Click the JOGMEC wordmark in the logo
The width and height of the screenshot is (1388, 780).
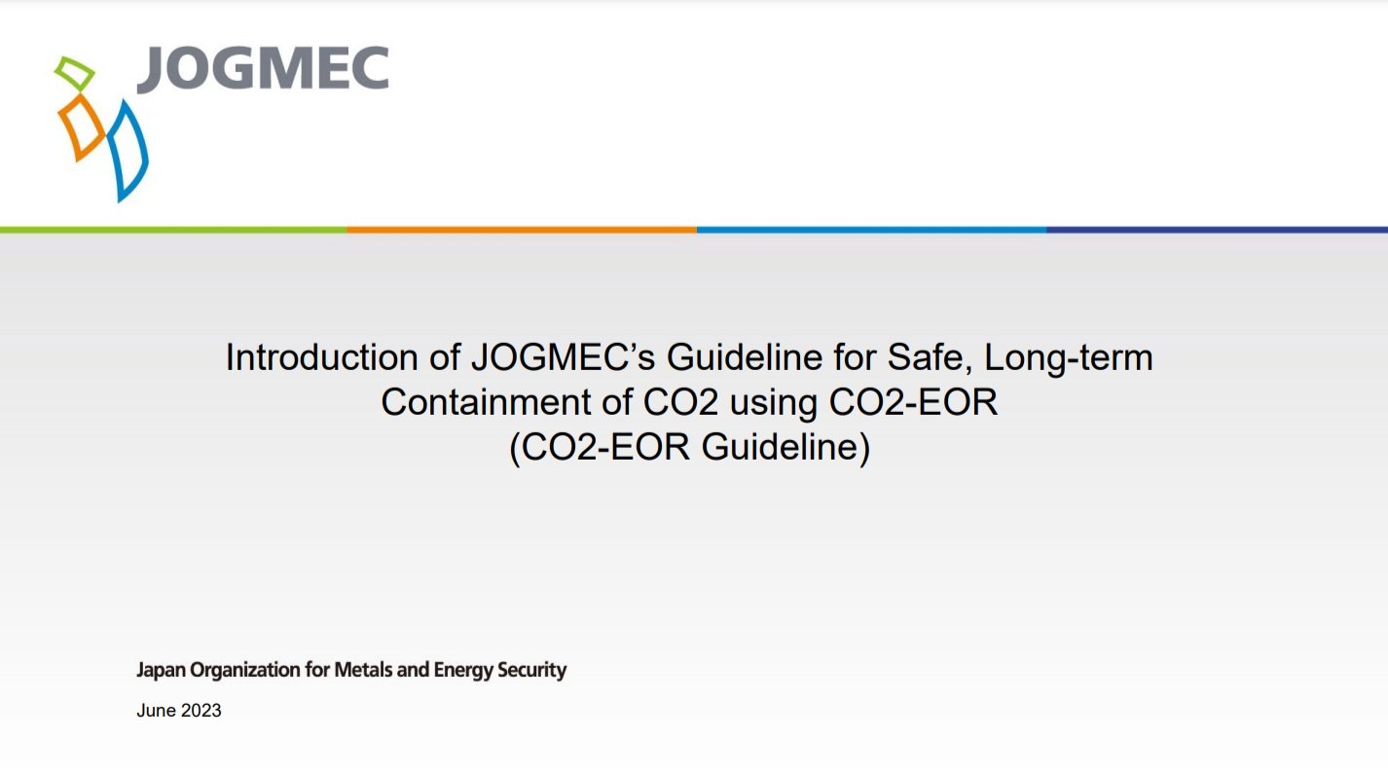[263, 69]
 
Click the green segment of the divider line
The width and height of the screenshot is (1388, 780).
[173, 230]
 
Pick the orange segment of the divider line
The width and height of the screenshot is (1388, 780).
[522, 230]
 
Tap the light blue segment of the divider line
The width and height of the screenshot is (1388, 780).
[872, 230]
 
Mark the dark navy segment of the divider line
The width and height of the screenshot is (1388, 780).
[1218, 230]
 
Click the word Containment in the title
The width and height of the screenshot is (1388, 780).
[485, 402]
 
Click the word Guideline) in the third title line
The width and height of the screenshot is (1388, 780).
[785, 448]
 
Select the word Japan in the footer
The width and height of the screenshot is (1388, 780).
[161, 671]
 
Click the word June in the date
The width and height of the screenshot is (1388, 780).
[156, 711]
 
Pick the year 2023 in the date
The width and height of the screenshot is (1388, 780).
[201, 711]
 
